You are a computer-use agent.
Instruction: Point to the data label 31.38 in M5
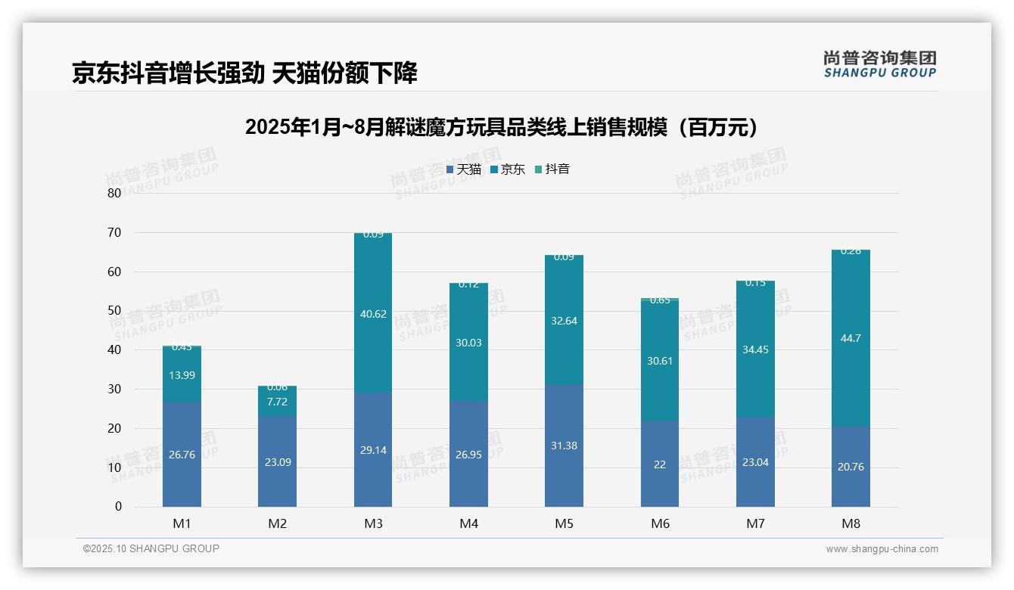(x=564, y=446)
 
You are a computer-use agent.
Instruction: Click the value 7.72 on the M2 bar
(x=277, y=401)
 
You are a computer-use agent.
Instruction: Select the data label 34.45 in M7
(x=755, y=349)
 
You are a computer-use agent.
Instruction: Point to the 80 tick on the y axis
(x=114, y=193)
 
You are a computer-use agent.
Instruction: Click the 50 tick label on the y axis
(x=114, y=311)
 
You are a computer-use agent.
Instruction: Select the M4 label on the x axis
(x=468, y=523)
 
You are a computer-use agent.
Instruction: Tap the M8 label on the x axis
(x=851, y=523)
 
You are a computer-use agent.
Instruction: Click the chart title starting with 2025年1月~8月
(x=502, y=127)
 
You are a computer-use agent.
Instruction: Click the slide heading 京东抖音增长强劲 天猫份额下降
(x=244, y=73)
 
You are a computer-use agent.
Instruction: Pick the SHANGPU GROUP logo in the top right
(x=879, y=64)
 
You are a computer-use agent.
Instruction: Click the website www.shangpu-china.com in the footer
(x=882, y=549)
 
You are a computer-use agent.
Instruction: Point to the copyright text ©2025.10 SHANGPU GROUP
(x=151, y=549)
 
